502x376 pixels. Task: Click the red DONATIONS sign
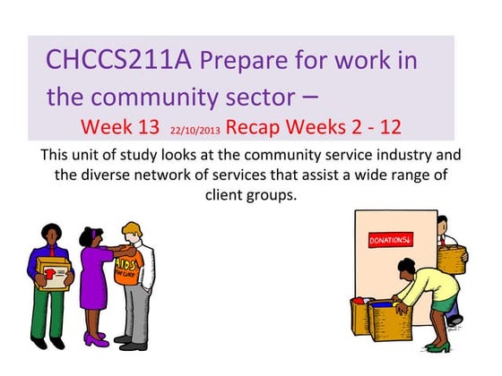click(390, 241)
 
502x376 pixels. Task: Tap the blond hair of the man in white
click(133, 231)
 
